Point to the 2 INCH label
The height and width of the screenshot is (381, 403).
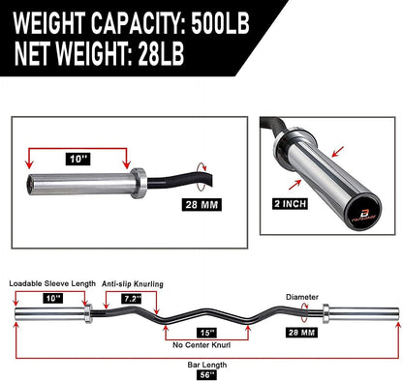tap(292, 205)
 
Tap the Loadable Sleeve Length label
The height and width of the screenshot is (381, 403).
tap(52, 282)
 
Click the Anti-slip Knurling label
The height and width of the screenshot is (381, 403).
tap(133, 282)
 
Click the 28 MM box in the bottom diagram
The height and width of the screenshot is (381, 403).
tap(300, 333)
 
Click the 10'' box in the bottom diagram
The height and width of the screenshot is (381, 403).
tap(50, 299)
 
